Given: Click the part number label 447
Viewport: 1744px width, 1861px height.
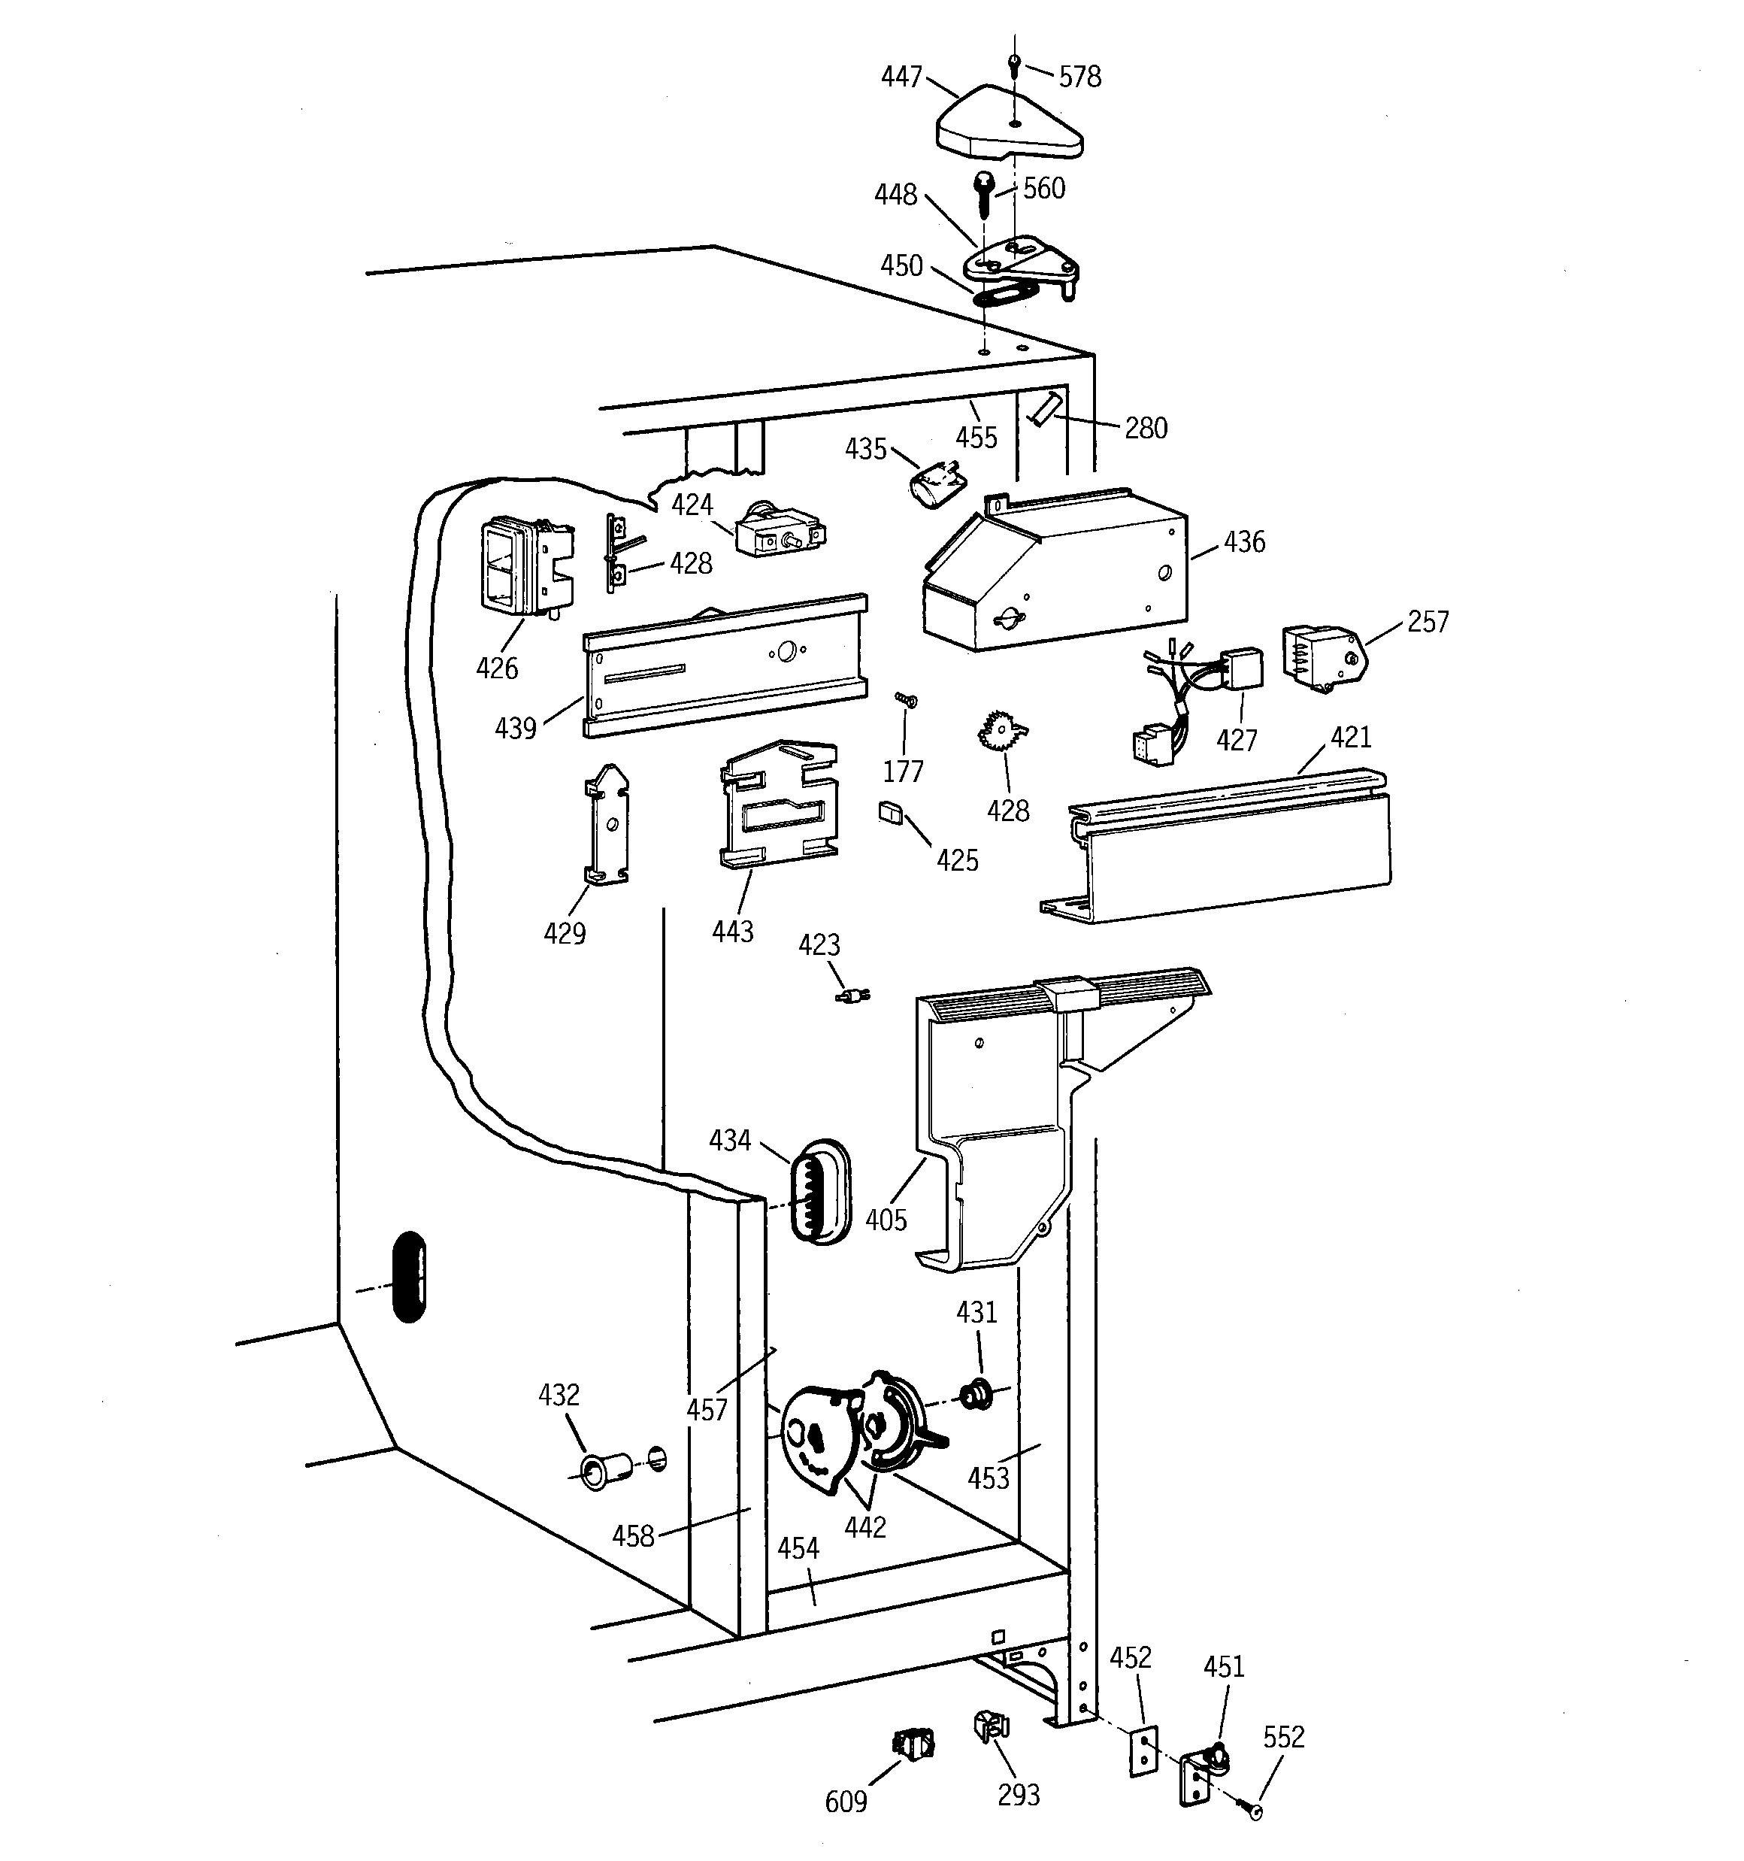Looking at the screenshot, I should point(901,77).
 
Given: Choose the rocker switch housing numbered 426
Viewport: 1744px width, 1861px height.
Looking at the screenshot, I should point(524,567).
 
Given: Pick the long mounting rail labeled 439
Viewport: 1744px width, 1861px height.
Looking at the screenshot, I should point(725,666).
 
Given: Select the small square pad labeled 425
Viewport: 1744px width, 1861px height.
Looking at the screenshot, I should point(889,811).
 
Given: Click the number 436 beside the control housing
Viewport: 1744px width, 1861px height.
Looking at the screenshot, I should point(1244,542).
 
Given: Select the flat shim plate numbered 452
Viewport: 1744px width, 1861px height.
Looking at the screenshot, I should point(1143,1750).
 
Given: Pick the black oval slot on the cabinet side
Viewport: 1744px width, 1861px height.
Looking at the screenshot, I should point(410,1277).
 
